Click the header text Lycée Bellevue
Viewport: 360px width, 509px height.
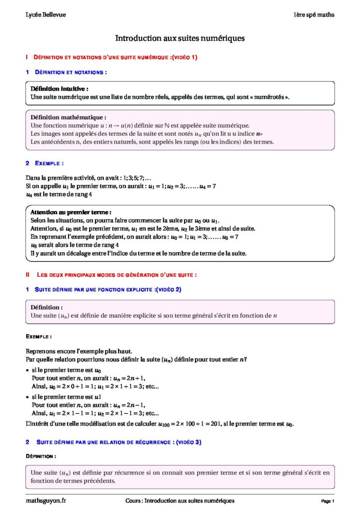(x=45, y=15)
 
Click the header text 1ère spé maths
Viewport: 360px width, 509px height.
(x=313, y=15)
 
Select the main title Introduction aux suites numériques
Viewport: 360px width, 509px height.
(x=180, y=38)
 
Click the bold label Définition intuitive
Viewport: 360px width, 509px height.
(x=59, y=88)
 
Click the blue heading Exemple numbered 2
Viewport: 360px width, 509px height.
(x=49, y=163)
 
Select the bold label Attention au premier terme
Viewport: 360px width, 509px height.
(x=71, y=212)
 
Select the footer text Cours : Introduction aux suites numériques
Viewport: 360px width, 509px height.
(x=180, y=501)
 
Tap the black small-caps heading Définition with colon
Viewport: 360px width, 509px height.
(x=41, y=456)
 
